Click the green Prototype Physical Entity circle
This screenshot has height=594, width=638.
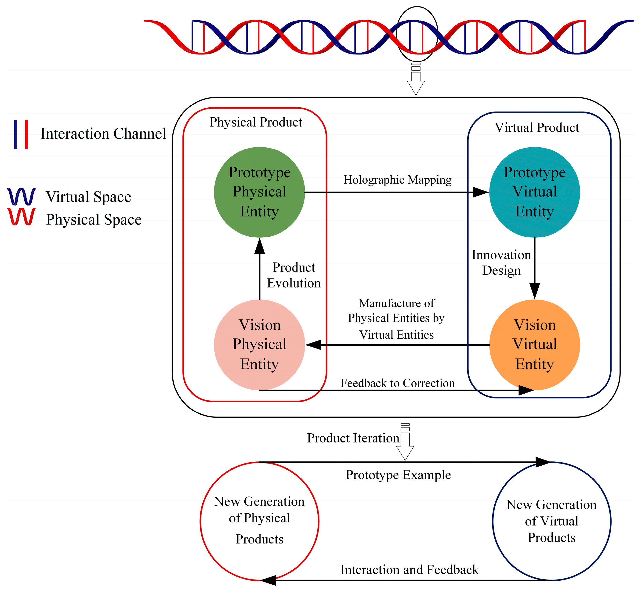point(259,192)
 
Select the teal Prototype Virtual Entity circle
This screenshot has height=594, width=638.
point(534,192)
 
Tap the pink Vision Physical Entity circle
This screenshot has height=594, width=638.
point(259,345)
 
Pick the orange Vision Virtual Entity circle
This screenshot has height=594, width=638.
point(534,345)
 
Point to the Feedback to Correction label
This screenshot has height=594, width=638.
point(397,383)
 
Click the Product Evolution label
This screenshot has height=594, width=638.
point(294,275)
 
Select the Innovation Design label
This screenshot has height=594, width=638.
point(501,262)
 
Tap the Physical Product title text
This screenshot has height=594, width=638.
point(256,122)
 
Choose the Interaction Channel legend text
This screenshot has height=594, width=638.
point(103,134)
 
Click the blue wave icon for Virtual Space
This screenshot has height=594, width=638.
point(21,196)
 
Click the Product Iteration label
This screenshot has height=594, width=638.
point(353,438)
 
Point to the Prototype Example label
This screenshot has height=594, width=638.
point(398,475)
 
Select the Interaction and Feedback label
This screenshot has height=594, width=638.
point(409,570)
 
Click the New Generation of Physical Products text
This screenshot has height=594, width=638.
point(259,520)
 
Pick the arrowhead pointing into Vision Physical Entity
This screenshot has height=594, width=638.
point(314,345)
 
